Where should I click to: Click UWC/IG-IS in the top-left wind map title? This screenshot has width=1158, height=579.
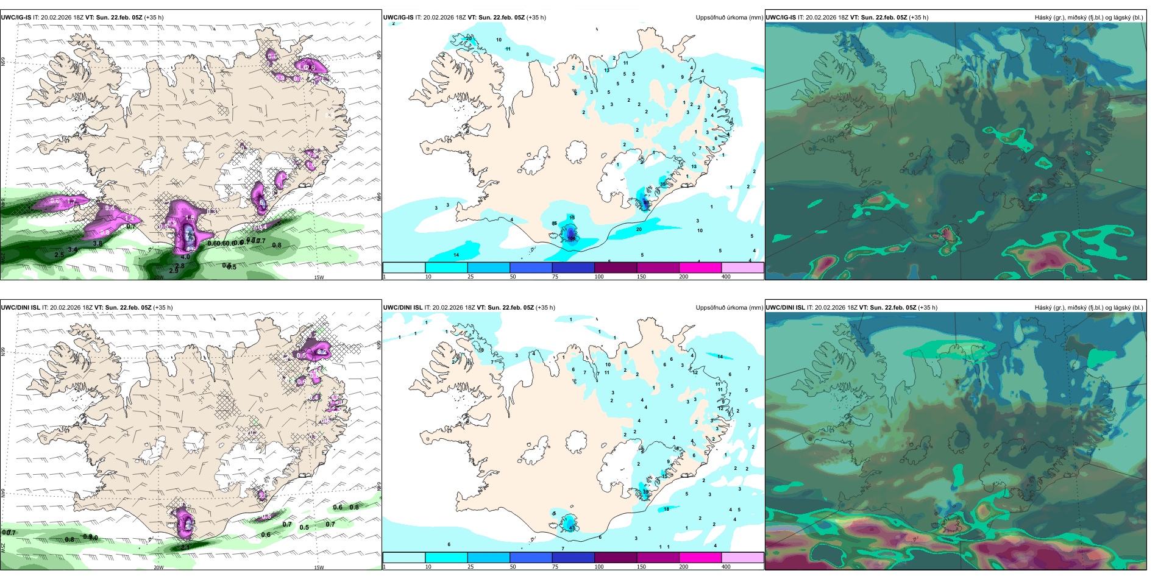[16, 18]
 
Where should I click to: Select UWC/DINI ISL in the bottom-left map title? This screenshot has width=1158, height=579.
[20, 308]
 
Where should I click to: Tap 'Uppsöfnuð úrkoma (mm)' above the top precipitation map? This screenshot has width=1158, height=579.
[729, 18]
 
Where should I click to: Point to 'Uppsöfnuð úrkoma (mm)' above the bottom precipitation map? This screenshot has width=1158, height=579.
[729, 308]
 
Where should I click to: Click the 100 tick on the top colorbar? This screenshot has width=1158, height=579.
[599, 277]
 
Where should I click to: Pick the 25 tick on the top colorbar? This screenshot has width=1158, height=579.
[470, 277]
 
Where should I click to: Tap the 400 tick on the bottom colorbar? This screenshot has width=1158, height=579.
[726, 567]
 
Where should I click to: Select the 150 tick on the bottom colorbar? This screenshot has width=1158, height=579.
[641, 567]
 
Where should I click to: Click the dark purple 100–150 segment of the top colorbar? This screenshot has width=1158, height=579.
[616, 268]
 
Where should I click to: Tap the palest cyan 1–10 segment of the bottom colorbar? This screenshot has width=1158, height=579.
[403, 558]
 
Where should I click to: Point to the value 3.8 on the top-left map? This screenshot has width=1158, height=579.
[98, 244]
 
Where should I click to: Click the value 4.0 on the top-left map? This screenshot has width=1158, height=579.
[185, 257]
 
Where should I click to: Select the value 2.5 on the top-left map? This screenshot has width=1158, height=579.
[59, 255]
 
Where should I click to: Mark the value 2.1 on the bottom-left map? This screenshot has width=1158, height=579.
[185, 547]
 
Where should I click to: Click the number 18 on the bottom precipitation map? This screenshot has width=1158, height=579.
[666, 509]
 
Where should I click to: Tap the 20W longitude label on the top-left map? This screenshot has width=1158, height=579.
[158, 277]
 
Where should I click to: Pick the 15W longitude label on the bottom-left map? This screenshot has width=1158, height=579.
[319, 567]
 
